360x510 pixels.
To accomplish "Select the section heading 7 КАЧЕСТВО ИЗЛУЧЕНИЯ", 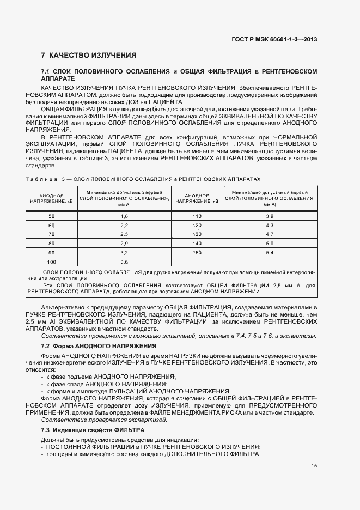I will click(88, 56).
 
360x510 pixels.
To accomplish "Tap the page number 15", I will click(314, 465).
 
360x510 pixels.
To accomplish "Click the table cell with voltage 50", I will click(52, 216).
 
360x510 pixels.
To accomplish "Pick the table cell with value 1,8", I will click(124, 216).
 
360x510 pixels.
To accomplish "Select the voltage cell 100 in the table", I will click(52, 262).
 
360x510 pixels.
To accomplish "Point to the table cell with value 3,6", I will click(124, 262).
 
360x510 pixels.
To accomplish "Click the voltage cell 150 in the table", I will click(197, 253).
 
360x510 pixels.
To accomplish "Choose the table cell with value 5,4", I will click(269, 253).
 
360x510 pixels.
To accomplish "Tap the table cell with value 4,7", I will click(269, 234).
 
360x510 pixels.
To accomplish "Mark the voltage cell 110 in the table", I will click(197, 216).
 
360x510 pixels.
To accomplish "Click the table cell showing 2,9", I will click(124, 244).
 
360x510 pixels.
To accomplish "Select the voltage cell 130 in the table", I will click(197, 234).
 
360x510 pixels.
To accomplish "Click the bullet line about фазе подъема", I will click(108, 377).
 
